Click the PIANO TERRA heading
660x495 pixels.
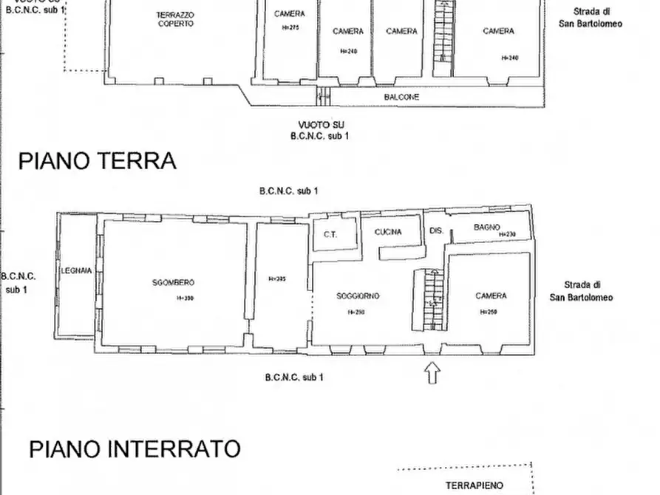pos(97,161)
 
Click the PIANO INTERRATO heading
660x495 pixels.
pos(135,448)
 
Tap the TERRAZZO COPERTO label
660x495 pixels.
pos(175,19)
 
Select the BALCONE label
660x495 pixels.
pos(401,97)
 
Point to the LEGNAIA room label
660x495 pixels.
pos(77,271)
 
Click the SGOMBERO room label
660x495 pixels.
pos(173,283)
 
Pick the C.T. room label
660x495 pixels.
pos(330,235)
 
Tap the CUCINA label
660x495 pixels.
pos(388,232)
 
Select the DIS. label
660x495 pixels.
pos(436,231)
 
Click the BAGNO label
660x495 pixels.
pos(488,227)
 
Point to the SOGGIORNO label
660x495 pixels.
pos(358,296)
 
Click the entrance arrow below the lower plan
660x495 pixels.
pos(432,372)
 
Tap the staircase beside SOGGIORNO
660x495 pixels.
pos(429,300)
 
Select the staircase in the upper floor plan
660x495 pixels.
pos(441,37)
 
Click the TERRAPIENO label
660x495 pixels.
pos(474,485)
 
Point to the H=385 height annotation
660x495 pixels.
pos(276,279)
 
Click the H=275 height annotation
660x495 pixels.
pos(289,28)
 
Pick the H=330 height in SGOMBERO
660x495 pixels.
pos(185,298)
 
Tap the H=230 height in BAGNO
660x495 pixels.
pos(507,234)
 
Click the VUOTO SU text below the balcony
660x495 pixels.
pos(322,126)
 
